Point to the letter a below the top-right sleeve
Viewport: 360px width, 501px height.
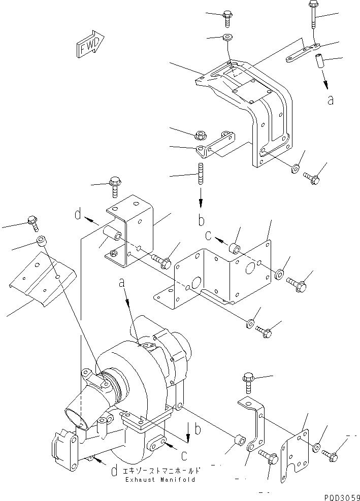click(331, 100)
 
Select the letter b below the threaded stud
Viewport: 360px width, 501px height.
click(202, 221)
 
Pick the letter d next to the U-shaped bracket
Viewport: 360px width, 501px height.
click(78, 215)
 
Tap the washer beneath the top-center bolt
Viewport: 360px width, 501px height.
click(225, 38)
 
